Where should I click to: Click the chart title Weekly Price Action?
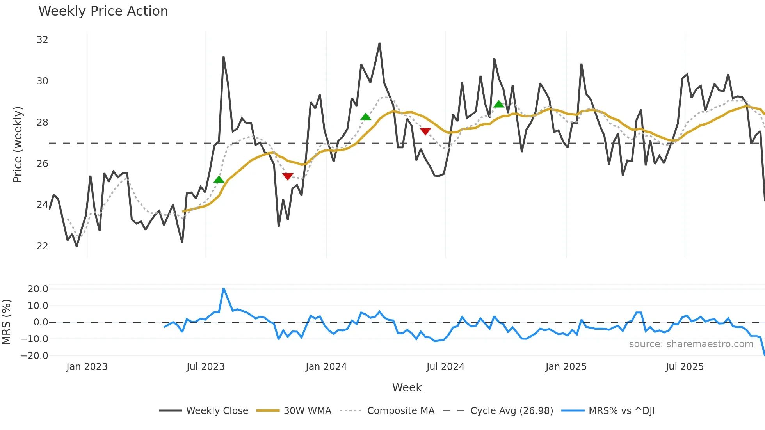(103, 11)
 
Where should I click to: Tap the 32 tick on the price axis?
(42, 40)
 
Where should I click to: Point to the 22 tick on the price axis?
(42, 246)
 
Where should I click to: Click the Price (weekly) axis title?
(18, 144)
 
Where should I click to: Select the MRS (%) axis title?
(6, 322)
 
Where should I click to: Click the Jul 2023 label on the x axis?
(205, 367)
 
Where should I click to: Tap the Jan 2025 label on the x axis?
(566, 367)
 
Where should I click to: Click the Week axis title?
(407, 387)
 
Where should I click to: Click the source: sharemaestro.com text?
(691, 344)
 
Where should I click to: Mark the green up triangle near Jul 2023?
(219, 179)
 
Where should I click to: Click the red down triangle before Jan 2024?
(288, 176)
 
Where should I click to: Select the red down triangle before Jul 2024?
(425, 131)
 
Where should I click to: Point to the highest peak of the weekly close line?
(379, 43)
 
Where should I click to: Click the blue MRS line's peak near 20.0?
(224, 289)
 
